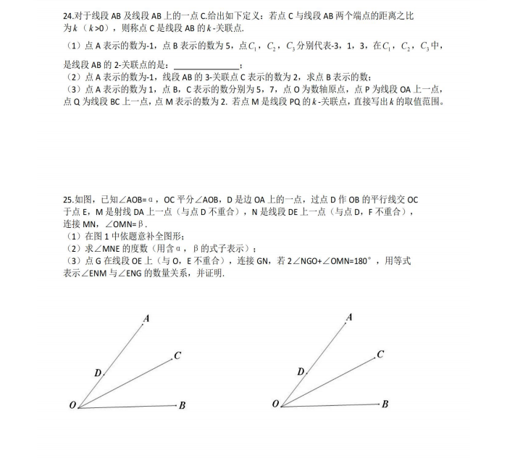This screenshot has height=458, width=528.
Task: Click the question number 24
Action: tap(68, 15)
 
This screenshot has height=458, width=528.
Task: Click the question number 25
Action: tap(68, 200)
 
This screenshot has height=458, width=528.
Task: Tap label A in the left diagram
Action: tap(146, 318)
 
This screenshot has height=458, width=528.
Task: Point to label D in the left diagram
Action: tap(97, 373)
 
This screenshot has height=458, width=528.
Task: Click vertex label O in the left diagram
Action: tap(72, 406)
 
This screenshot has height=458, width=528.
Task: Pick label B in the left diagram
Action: tap(183, 406)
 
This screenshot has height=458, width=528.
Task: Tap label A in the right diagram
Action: tap(349, 318)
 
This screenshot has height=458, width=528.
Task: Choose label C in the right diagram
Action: tap(380, 355)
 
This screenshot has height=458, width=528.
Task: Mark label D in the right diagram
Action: tap(300, 372)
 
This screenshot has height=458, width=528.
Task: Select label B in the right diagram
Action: tap(385, 404)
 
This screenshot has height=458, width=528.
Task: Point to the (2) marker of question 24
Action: tap(72, 77)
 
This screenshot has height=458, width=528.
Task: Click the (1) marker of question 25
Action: tap(72, 237)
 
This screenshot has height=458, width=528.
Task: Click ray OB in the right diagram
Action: tap(333, 404)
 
